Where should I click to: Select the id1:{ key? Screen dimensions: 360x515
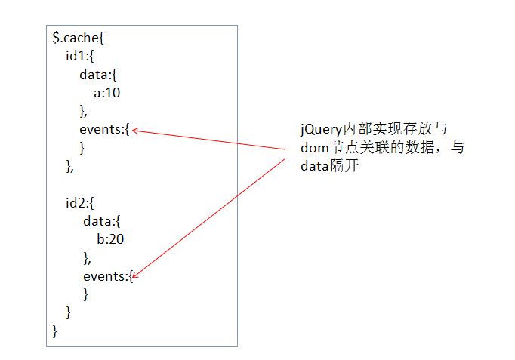79,56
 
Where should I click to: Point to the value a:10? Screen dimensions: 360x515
107,93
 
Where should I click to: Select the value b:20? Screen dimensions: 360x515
110,240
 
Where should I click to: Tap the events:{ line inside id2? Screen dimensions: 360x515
108,276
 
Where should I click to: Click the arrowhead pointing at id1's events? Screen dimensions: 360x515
135,131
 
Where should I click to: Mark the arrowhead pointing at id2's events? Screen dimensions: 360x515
136,278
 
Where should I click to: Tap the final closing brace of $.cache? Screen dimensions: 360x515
54,331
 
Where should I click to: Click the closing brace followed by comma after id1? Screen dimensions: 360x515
70,166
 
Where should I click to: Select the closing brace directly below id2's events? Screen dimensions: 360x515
86,294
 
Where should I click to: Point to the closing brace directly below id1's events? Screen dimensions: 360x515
82,148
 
